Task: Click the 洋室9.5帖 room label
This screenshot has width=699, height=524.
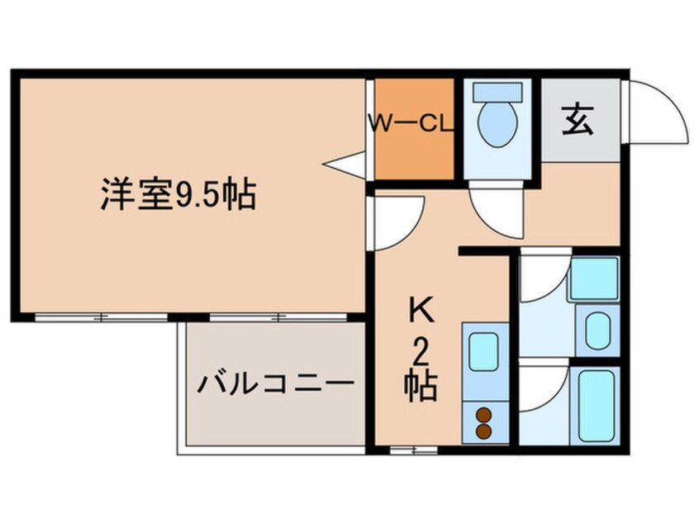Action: pos(177,196)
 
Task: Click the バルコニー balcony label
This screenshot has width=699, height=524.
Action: pos(274,384)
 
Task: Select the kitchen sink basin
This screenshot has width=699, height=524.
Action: pos(484,354)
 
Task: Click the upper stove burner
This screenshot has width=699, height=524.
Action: pos(483,415)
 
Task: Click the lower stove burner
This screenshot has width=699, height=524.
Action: pos(483,431)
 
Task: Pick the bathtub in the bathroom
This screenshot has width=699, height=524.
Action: pos(597,407)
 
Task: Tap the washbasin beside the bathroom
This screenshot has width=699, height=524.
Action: pos(597,329)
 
